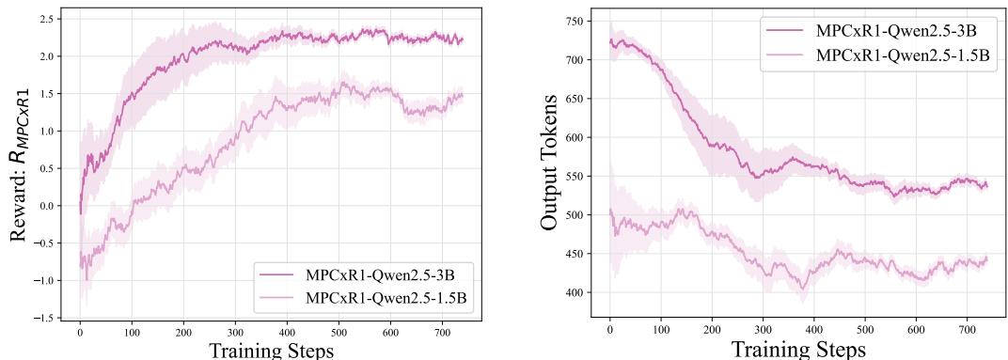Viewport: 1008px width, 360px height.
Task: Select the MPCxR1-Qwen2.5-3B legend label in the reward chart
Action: (x=386, y=275)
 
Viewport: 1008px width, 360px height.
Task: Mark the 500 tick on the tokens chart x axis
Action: (x=865, y=331)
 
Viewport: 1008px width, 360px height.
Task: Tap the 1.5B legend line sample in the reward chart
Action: (x=276, y=298)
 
